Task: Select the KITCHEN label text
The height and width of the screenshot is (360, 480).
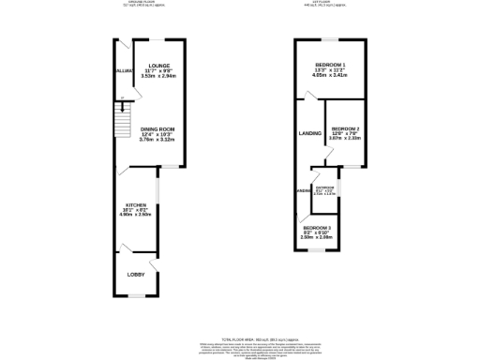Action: (136, 203)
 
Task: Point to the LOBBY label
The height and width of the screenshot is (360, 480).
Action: (136, 274)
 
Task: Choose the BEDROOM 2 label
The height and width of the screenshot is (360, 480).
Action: (345, 128)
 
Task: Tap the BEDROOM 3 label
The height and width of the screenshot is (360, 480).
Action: (316, 228)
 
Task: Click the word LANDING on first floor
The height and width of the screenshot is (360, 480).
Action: (310, 134)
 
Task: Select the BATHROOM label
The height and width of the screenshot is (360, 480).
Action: (325, 188)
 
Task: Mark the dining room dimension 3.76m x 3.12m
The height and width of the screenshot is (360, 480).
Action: (158, 140)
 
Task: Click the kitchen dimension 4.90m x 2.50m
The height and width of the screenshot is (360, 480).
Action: (136, 215)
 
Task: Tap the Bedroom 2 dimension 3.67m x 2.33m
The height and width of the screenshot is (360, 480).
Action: (345, 140)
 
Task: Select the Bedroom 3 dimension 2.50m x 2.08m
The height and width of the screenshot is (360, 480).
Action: (316, 238)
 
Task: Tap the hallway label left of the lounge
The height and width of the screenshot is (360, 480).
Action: (123, 71)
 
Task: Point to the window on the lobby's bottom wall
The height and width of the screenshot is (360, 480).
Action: (137, 296)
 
